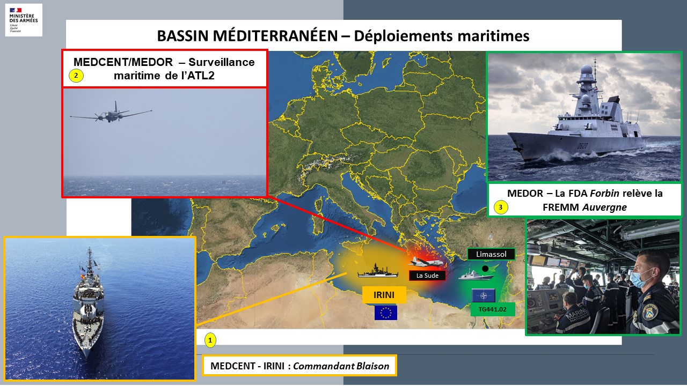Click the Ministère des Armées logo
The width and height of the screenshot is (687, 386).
point(24,20)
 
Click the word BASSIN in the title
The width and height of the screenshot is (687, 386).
point(183,36)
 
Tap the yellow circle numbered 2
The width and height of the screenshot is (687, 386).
point(76,76)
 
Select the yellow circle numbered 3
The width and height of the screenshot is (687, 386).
point(501,207)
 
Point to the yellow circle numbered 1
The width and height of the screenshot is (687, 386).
point(210,340)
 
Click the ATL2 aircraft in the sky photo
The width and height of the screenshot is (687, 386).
point(111,113)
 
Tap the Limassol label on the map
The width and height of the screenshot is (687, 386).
point(491,254)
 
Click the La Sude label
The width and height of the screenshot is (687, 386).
point(427,276)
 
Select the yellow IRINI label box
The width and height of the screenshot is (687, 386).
point(384,295)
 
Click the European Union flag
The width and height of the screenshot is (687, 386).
point(386,313)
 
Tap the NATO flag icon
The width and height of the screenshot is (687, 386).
point(484,295)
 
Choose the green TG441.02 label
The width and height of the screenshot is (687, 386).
point(493,309)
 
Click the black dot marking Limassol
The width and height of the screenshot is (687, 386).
point(485,269)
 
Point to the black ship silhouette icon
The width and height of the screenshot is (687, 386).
point(378,271)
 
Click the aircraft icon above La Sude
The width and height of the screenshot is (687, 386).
point(426,262)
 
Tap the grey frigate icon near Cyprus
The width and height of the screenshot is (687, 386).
point(476,275)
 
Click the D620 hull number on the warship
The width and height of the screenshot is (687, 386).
point(582,145)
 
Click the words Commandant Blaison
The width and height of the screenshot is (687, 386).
point(341,366)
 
